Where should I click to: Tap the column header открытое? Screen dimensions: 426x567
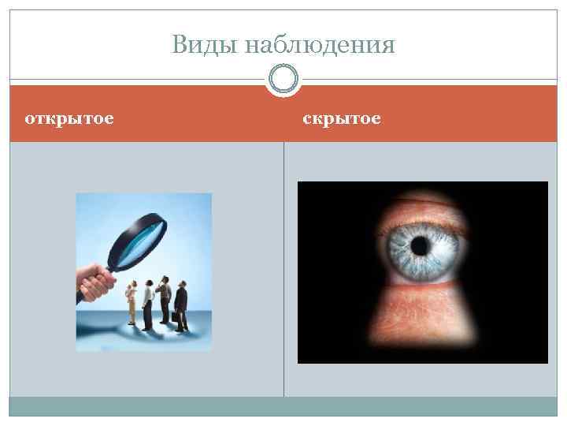tap(69, 118)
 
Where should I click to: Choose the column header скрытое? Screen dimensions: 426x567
tap(342, 118)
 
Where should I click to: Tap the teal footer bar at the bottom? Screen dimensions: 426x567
tap(283, 406)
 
